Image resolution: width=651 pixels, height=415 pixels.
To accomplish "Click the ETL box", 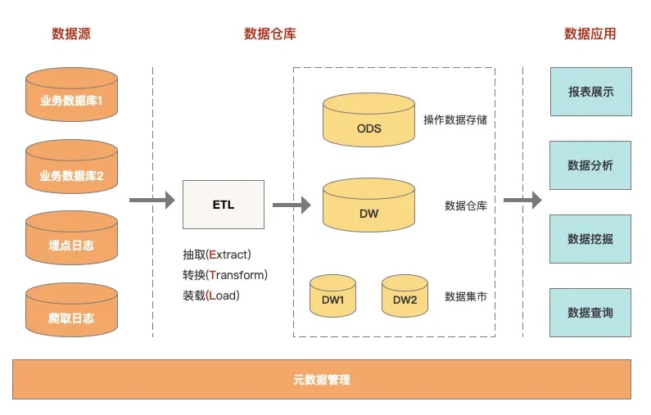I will point(224,205).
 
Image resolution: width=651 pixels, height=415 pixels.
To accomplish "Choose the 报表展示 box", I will point(590,92).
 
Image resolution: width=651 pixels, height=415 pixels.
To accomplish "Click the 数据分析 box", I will point(590,165).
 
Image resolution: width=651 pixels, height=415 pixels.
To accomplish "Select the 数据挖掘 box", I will point(590,239).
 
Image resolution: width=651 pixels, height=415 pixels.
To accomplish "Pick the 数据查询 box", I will point(590,312).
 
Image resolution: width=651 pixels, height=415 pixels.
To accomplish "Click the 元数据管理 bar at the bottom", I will point(322,380).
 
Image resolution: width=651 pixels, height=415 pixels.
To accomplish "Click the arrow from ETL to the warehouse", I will point(292,205).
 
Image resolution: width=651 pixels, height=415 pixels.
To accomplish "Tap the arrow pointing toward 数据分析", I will point(522,200).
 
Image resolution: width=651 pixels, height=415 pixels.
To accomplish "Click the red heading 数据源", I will point(71,34).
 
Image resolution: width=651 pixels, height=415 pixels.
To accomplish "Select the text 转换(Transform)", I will point(225,274).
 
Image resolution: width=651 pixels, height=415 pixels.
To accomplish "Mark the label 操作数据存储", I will point(454,120).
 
